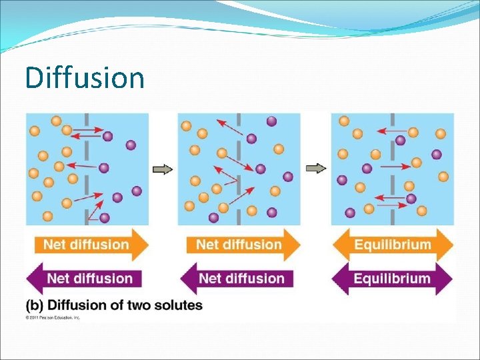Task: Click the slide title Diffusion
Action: [85, 77]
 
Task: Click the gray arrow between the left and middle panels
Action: [163, 169]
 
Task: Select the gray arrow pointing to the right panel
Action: [316, 168]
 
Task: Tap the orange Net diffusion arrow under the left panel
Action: [91, 245]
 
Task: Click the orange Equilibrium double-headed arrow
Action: [393, 245]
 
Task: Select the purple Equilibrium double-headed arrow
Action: [393, 278]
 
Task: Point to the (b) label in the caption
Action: [35, 305]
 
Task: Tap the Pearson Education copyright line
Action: [53, 318]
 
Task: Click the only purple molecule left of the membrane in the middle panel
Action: [213, 217]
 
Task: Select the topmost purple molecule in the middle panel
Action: [271, 121]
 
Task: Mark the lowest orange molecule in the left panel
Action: [47, 216]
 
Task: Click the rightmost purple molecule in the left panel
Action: [137, 191]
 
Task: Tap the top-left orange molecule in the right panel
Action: [344, 121]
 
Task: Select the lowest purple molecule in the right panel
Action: [350, 213]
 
